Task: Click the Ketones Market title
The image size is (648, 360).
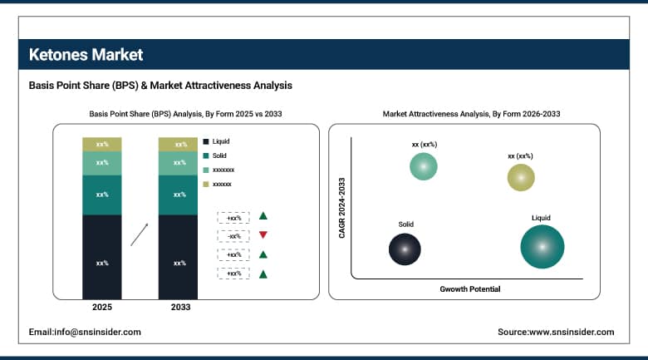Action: pos(86,55)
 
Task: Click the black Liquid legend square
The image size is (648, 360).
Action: pos(205,142)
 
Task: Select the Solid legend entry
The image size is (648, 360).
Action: pos(218,155)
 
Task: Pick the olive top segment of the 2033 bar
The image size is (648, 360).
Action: pos(179,144)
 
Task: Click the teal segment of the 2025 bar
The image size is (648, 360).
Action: pos(102,195)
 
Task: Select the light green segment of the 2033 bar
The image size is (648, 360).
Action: pos(179,163)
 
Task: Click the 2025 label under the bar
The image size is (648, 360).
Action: pos(102,308)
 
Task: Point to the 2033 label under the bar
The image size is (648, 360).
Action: pos(179,308)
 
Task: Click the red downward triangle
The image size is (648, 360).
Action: pos(263,235)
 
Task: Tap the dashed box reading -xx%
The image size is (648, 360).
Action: pos(233,235)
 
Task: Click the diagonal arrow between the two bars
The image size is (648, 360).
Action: pos(140,234)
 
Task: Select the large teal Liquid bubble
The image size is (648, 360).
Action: pos(542,246)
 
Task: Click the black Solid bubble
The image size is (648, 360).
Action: pos(405,248)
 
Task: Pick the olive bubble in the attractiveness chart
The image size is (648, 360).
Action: pos(521,176)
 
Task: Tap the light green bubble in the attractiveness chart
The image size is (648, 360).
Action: pos(423,166)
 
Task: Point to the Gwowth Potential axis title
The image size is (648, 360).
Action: pos(470,289)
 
